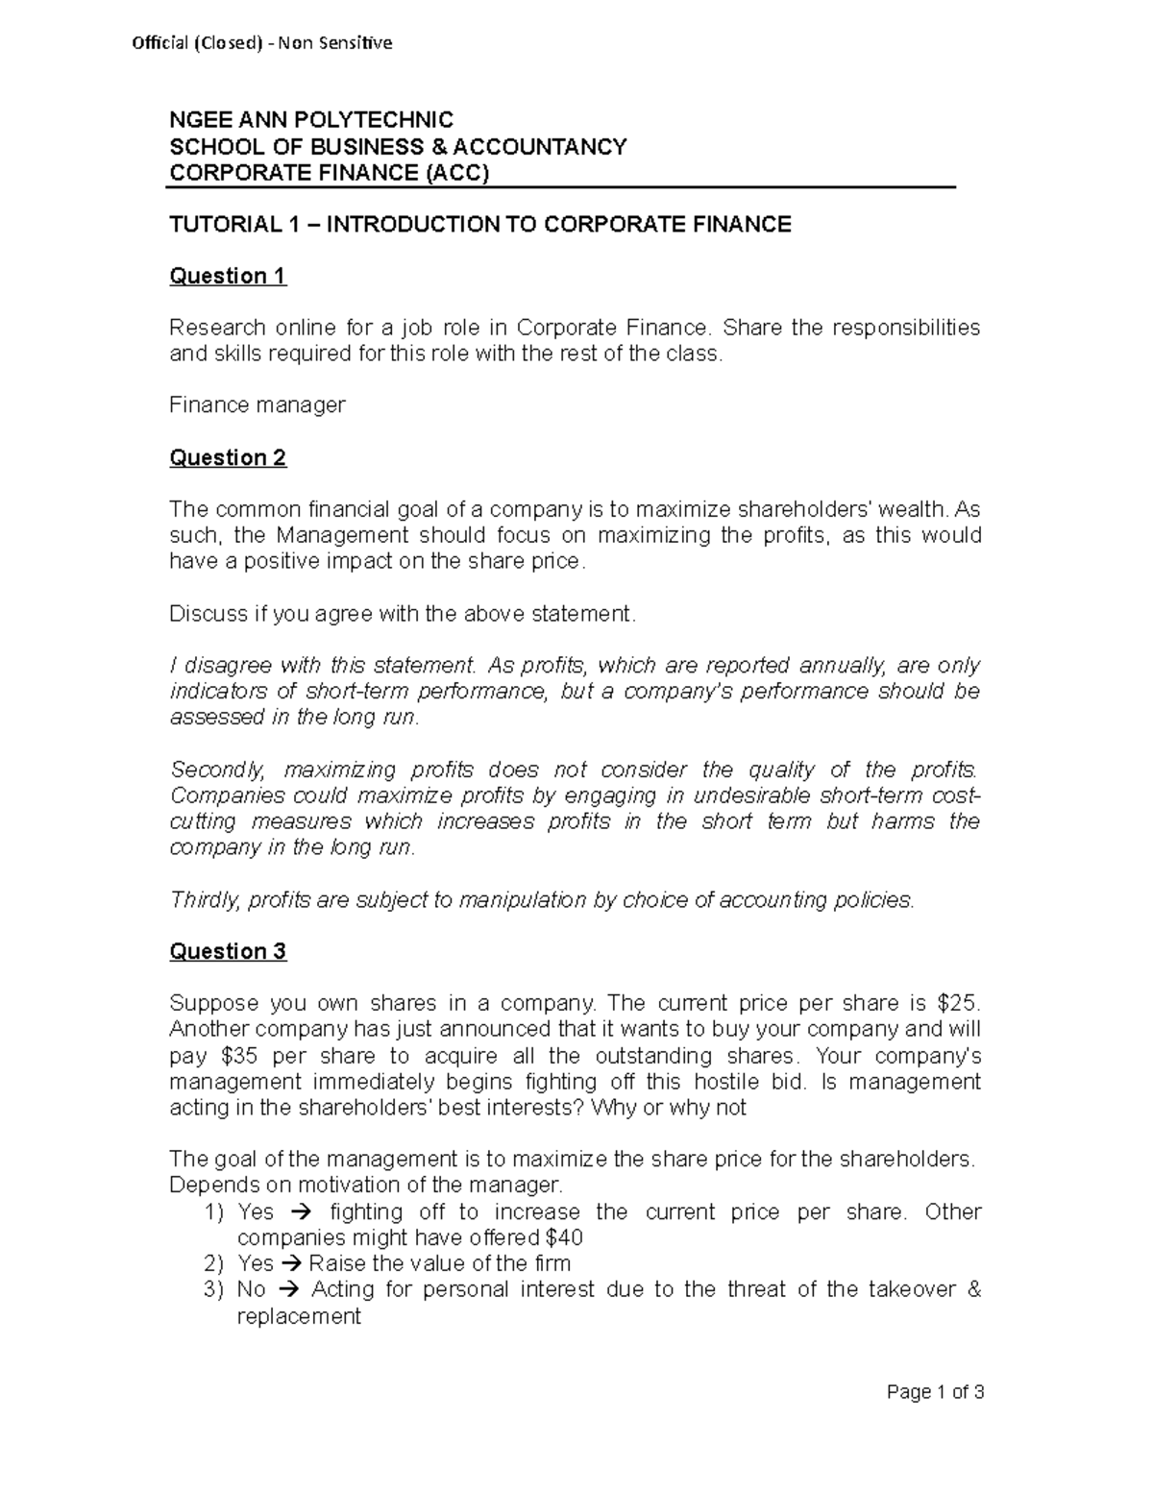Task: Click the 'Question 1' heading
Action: click(x=228, y=277)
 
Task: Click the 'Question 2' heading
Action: click(x=228, y=458)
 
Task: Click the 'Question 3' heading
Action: click(x=228, y=952)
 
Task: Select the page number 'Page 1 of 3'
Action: click(x=936, y=1392)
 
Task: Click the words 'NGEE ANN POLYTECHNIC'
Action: click(x=311, y=121)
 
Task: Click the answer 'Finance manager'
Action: click(x=257, y=405)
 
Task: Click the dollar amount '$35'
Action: click(x=240, y=1056)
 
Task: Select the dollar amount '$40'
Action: click(x=563, y=1237)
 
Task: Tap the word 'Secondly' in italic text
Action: click(x=215, y=770)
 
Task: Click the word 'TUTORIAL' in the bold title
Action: click(x=221, y=225)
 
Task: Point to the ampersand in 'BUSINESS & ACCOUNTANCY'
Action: click(x=438, y=147)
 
